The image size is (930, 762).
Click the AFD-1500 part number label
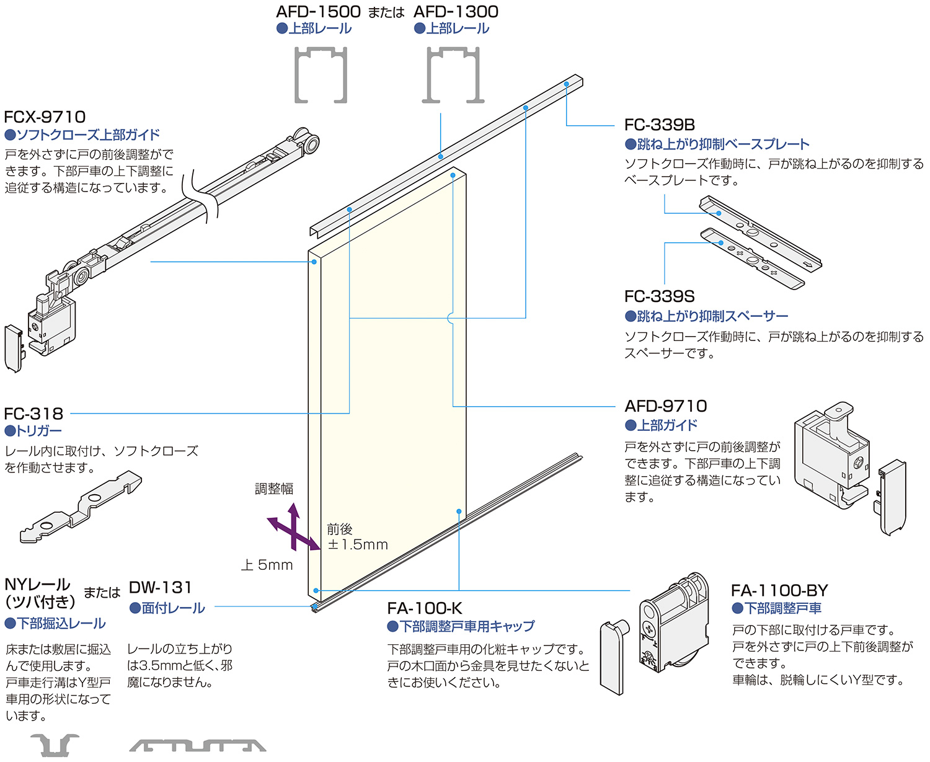pyautogui.click(x=318, y=12)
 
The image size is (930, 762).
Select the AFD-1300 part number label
pyautogui.click(x=456, y=12)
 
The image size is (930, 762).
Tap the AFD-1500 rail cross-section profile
pyautogui.click(x=321, y=74)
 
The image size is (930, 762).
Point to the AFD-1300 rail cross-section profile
pyautogui.click(x=454, y=74)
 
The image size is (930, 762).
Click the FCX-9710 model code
pyautogui.click(x=45, y=117)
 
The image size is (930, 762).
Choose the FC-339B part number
pyautogui.click(x=660, y=125)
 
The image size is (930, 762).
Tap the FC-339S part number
pyautogui.click(x=660, y=296)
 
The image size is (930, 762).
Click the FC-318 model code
pyautogui.click(x=33, y=414)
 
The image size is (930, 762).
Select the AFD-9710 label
pyautogui.click(x=666, y=406)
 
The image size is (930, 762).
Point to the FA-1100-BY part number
pyautogui.click(x=779, y=590)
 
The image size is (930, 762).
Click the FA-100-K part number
pyautogui.click(x=425, y=608)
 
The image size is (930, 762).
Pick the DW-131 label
pyautogui.click(x=161, y=587)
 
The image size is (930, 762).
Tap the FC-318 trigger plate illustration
pyautogui.click(x=81, y=507)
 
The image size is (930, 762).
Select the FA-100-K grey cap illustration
pyautogui.click(x=614, y=657)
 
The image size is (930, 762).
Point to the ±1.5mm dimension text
pyautogui.click(x=358, y=545)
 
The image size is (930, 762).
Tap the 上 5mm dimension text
pyautogui.click(x=267, y=565)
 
